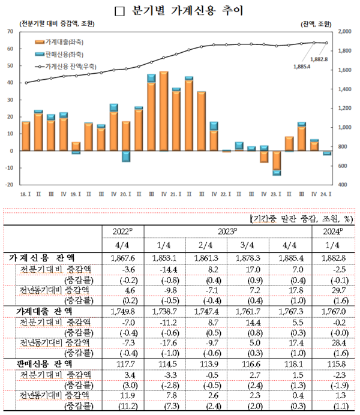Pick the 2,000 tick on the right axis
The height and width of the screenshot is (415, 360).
point(346,31)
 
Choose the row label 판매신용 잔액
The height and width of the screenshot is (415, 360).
point(40,363)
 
